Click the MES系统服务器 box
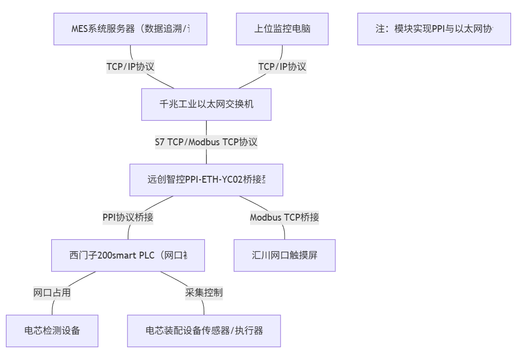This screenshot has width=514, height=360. [x=130, y=29]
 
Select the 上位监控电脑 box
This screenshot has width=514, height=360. [x=282, y=29]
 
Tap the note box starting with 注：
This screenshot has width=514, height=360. [x=434, y=29]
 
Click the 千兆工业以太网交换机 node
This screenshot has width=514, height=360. [x=206, y=104]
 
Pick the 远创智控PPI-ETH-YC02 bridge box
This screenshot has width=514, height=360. [x=206, y=180]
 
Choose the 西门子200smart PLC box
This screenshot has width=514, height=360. [x=128, y=255]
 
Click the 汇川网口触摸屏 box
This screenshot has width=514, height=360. [x=285, y=255]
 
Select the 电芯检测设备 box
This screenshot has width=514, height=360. [x=52, y=330]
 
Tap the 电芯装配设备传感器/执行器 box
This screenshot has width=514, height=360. [x=204, y=330]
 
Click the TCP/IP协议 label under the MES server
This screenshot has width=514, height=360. [x=130, y=66]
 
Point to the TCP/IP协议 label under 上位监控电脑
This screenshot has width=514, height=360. [x=282, y=66]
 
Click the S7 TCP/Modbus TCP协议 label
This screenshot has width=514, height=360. [x=206, y=142]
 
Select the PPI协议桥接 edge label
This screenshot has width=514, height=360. [x=128, y=218]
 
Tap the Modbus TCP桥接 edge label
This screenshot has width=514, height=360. [x=285, y=218]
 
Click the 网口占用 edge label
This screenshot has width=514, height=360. [x=52, y=293]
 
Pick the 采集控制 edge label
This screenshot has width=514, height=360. [x=204, y=293]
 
